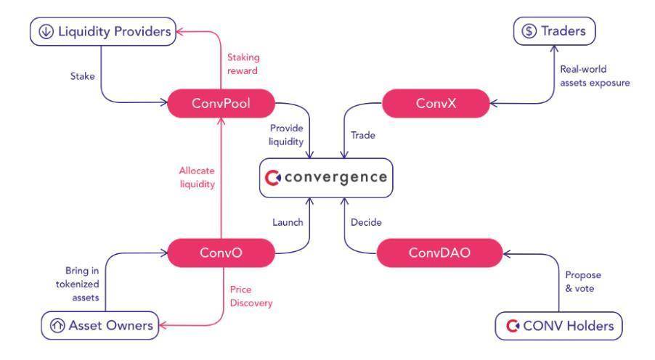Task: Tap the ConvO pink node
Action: [221, 253]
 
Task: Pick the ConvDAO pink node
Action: [429, 253]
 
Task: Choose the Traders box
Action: [554, 31]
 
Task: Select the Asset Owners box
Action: [100, 326]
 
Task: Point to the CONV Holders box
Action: [558, 326]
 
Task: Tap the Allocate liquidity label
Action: [197, 177]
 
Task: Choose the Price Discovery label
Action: [251, 296]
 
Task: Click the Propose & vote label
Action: [583, 282]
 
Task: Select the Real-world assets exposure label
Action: [595, 76]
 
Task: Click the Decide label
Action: [366, 222]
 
